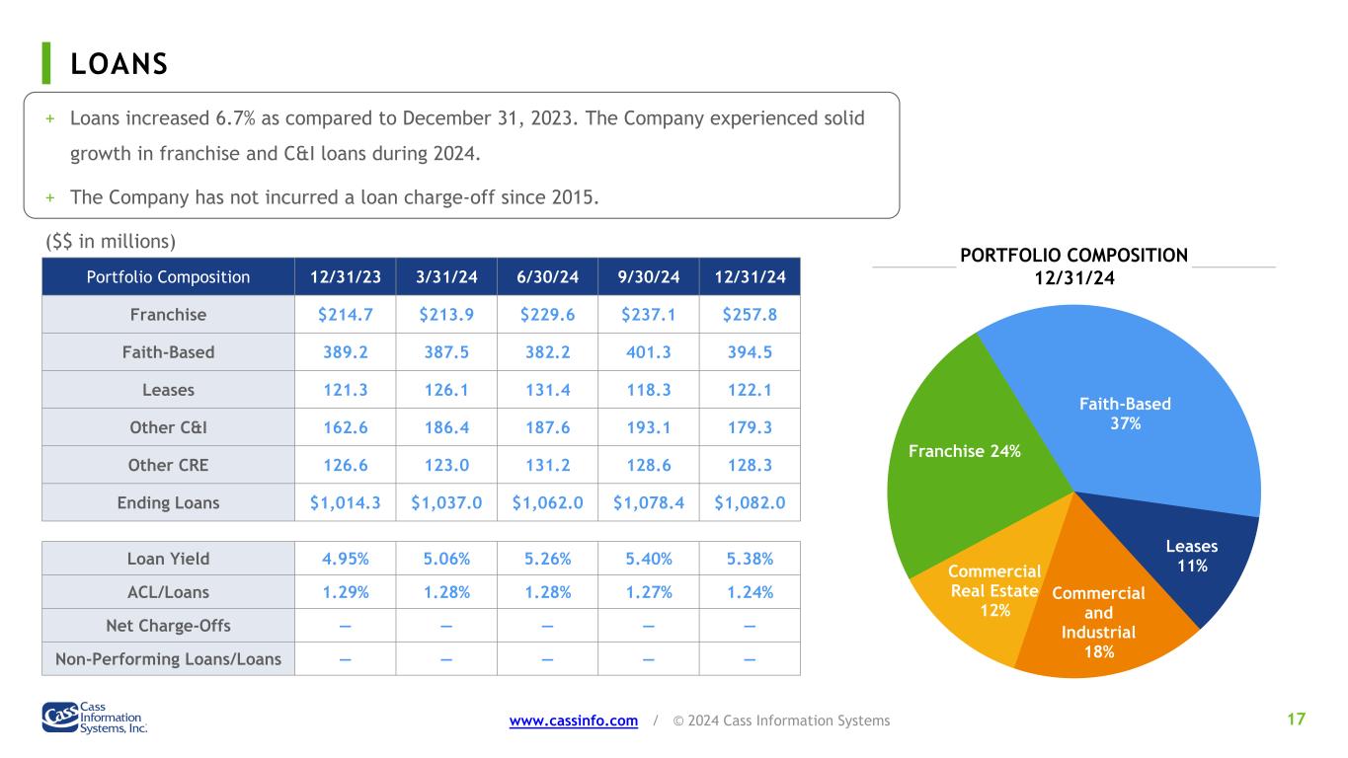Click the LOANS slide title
(119, 64)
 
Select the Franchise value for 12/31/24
(750, 315)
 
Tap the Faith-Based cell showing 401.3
(648, 352)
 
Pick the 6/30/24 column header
(547, 276)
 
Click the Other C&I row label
(168, 427)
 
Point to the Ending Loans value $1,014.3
(345, 503)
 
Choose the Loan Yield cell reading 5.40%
(648, 559)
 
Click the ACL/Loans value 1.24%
(750, 592)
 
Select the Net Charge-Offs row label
(168, 626)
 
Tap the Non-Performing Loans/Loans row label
(168, 659)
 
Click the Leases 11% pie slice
(1189, 557)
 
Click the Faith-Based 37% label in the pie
(1125, 414)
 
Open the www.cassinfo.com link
(574, 720)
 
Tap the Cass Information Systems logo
(95, 718)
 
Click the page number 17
(1297, 720)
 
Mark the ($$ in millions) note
(111, 241)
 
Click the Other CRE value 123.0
(446, 465)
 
